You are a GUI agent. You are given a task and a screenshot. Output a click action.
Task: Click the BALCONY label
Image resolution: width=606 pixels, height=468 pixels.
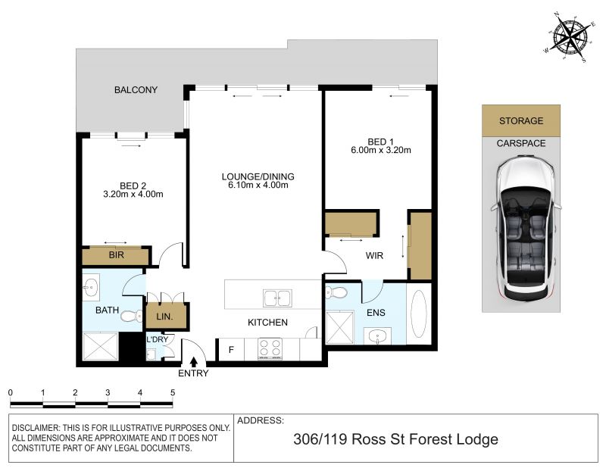[x=136, y=89]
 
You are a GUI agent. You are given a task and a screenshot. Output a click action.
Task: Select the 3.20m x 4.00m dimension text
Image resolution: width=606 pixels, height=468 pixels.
[x=133, y=195]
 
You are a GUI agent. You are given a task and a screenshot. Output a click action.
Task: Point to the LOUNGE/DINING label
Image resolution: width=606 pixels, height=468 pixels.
[x=258, y=176]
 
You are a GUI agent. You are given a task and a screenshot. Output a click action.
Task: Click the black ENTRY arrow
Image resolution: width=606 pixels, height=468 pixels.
[x=194, y=362]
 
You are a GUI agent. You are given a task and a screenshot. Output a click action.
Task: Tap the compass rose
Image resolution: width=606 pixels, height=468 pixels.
[x=570, y=38]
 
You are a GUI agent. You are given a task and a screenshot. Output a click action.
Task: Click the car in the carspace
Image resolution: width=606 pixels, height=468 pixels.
[x=526, y=229]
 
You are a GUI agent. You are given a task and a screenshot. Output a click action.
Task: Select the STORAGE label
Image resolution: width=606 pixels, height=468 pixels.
[x=521, y=120]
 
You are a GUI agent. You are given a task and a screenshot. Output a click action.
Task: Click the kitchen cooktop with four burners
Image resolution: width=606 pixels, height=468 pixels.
[x=270, y=349]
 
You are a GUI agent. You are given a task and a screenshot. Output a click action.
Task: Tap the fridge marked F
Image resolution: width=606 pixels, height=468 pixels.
[x=231, y=350]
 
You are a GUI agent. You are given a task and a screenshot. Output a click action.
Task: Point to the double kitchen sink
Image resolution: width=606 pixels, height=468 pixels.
[x=277, y=298]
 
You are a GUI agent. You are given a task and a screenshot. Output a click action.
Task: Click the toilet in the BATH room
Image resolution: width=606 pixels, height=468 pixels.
[x=131, y=317]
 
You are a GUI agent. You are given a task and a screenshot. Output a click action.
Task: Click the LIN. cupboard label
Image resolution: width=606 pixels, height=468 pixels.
[x=164, y=317]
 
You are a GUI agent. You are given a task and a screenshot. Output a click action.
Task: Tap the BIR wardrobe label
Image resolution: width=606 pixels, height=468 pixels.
[x=117, y=255]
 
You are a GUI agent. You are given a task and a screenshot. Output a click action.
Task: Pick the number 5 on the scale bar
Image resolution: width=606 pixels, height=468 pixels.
[x=173, y=392]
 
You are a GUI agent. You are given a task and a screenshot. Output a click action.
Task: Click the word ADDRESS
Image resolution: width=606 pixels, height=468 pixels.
[x=261, y=420]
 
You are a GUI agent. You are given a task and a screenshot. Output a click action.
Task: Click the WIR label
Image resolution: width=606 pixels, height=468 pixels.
[x=374, y=255]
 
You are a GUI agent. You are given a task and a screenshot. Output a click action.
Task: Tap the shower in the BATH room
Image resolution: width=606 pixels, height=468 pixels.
[x=101, y=347]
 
